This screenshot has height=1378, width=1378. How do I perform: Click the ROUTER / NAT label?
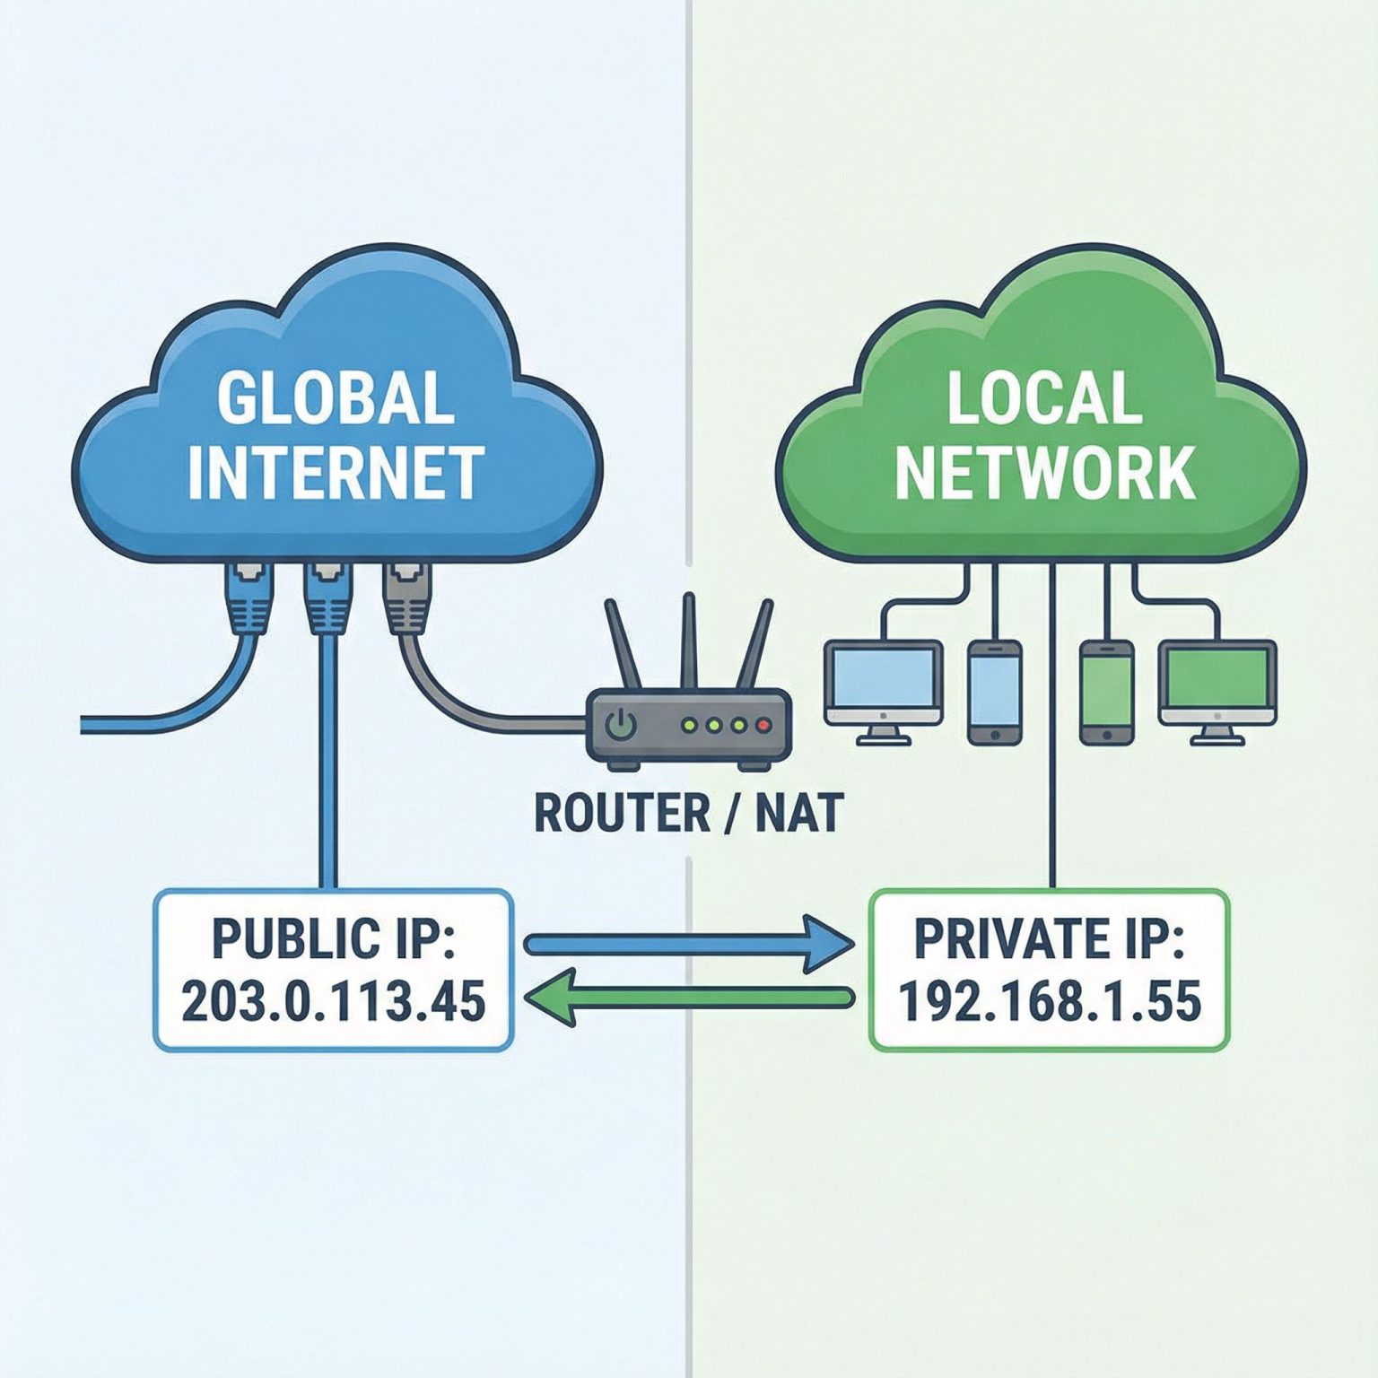tap(688, 813)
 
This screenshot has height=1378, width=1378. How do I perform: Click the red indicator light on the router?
tap(763, 724)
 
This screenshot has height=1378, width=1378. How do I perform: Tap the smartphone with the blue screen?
tap(995, 691)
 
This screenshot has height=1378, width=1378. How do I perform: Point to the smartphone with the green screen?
tap(1106, 691)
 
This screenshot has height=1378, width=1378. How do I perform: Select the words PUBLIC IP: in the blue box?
tap(333, 938)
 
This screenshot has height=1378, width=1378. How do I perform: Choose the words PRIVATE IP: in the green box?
tap(1049, 938)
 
